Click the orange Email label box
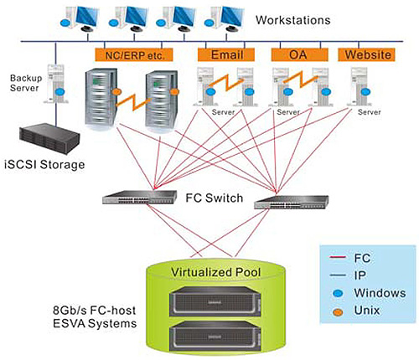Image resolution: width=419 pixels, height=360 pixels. pyautogui.click(x=226, y=54)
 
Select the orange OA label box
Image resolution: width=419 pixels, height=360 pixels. pyautogui.click(x=299, y=54)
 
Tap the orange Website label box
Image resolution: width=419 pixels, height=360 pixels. pyautogui.click(x=366, y=54)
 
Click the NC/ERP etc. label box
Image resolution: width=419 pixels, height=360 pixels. pyautogui.click(x=134, y=54)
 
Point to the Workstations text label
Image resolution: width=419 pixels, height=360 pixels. pyautogui.click(x=293, y=20)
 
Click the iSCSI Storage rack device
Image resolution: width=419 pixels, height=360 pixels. pyautogui.click(x=49, y=140)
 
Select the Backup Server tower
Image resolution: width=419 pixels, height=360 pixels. pyautogui.click(x=55, y=84)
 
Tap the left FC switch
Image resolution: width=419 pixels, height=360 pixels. pyautogui.click(x=140, y=197)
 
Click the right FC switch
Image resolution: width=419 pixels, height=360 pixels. pyautogui.click(x=291, y=202)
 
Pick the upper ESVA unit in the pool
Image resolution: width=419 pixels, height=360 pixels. pyautogui.click(x=215, y=301)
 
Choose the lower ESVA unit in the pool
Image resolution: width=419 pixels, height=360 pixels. pyautogui.click(x=215, y=336)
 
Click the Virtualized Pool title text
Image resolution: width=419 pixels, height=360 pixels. pyautogui.click(x=215, y=272)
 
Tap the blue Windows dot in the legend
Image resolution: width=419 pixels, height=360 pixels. pyautogui.click(x=339, y=293)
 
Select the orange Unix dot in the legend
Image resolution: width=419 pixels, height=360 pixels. pyautogui.click(x=339, y=311)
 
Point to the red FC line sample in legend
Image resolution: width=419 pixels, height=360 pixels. pyautogui.click(x=338, y=257)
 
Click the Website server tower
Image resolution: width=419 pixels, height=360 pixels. pyautogui.click(x=360, y=86)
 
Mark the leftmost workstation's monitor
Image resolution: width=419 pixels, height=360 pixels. pyautogui.click(x=85, y=15)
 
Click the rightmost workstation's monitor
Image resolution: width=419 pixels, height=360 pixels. pyautogui.click(x=230, y=15)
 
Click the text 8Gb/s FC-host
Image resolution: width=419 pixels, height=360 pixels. pyautogui.click(x=95, y=311)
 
